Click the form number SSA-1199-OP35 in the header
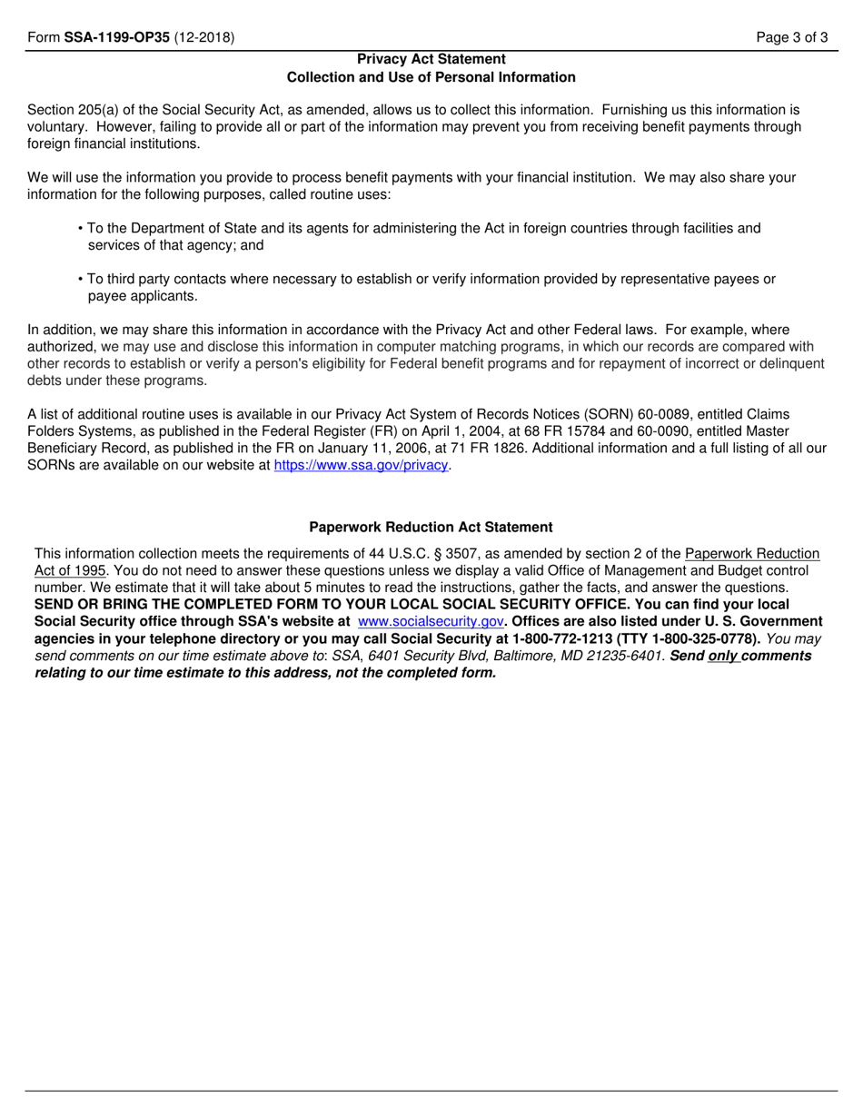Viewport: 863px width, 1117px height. (x=117, y=38)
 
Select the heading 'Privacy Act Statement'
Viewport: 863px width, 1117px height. (x=431, y=59)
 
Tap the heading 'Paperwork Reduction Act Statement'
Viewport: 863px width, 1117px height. (x=431, y=527)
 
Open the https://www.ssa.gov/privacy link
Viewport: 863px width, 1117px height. (x=362, y=466)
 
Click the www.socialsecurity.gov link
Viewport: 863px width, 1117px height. (x=431, y=622)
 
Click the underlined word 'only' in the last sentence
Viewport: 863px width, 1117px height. (x=723, y=656)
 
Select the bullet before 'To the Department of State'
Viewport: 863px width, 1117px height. (x=81, y=229)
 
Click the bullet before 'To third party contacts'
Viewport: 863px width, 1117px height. (x=81, y=280)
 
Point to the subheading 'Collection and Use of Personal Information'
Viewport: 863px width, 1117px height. (x=431, y=77)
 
